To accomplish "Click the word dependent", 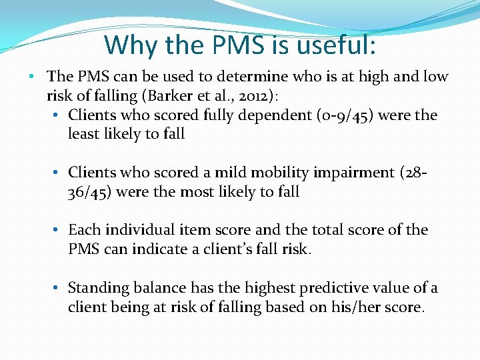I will click(x=237, y=115).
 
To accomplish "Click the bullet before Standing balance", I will click(x=58, y=288).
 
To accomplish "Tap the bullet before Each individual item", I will click(x=58, y=230).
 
